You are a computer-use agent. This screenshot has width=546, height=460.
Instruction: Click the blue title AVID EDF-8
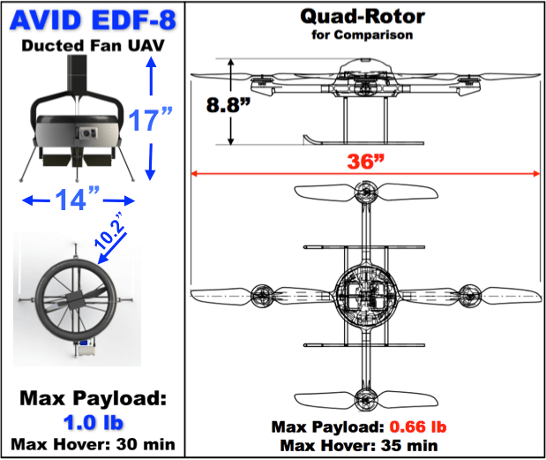pos(91,19)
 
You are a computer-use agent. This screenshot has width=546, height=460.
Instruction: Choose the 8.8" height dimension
pos(225,105)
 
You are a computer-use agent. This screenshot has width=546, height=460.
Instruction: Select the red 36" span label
pos(365,162)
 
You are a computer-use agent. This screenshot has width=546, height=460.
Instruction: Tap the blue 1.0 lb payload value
pos(92,420)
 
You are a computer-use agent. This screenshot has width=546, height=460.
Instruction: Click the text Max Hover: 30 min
pos(91,442)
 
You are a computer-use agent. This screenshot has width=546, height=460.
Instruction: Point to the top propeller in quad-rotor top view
pos(365,195)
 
